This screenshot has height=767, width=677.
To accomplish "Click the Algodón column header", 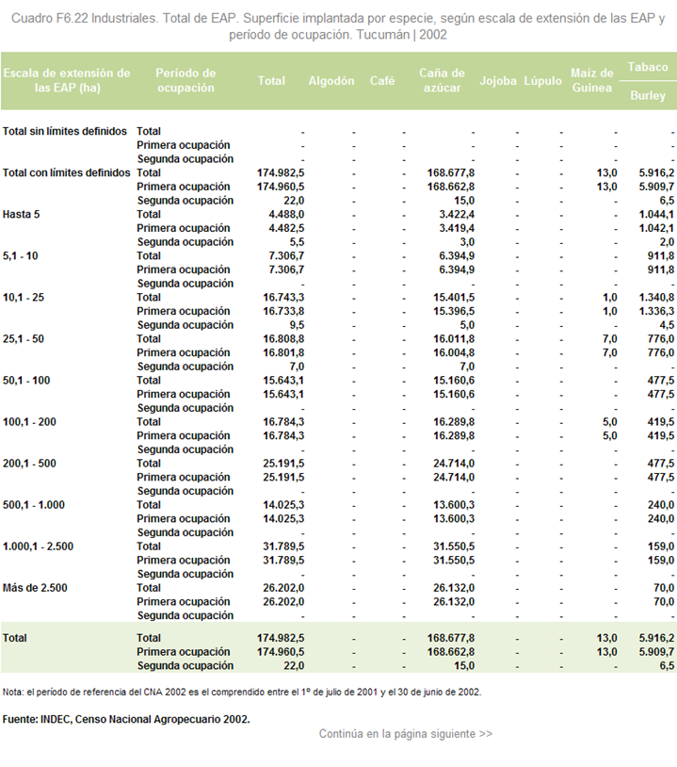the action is click(330, 81).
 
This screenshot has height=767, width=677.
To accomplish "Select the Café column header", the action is click(381, 81).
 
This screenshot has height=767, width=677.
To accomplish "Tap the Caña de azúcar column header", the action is click(442, 80).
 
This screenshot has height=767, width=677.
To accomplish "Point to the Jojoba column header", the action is click(497, 81).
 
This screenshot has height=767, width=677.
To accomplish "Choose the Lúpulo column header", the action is click(542, 81).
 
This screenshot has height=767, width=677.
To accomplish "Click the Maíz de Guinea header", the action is click(591, 80).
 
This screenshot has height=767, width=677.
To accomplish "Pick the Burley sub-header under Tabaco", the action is click(648, 95).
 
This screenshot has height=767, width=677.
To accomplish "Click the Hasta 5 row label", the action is click(21, 214).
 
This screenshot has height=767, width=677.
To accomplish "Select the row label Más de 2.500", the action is click(35, 588).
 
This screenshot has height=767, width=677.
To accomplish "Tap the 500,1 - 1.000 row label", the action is click(34, 505).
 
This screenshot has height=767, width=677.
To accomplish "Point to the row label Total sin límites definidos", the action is click(65, 131).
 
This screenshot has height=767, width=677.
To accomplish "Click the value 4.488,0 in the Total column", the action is click(286, 214).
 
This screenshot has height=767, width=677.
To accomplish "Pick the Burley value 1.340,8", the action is click(656, 298).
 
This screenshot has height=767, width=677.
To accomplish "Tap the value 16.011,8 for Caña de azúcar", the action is click(454, 339).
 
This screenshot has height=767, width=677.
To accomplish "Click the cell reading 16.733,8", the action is click(283, 311).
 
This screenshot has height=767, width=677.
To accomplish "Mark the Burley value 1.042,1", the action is click(656, 228).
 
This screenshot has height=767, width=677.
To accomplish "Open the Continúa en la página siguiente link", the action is click(406, 734).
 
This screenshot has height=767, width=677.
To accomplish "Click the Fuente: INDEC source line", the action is click(126, 719).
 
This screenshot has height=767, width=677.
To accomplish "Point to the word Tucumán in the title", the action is click(382, 35).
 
